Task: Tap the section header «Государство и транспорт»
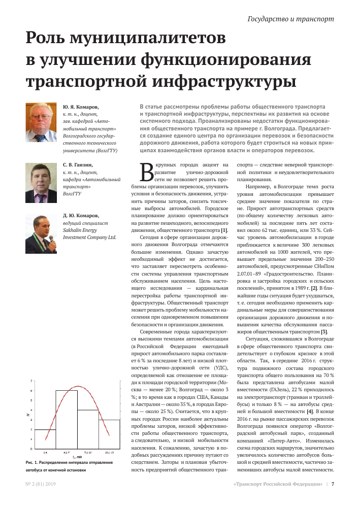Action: tap(290, 19)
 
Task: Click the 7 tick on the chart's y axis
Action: tap(31, 380)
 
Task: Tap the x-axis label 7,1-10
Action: tap(87, 452)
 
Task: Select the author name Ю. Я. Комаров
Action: tap(81, 108)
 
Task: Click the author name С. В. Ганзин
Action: tap(78, 165)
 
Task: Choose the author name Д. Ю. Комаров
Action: tap(81, 216)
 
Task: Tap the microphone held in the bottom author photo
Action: tap(51, 239)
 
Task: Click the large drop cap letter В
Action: tap(145, 173)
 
